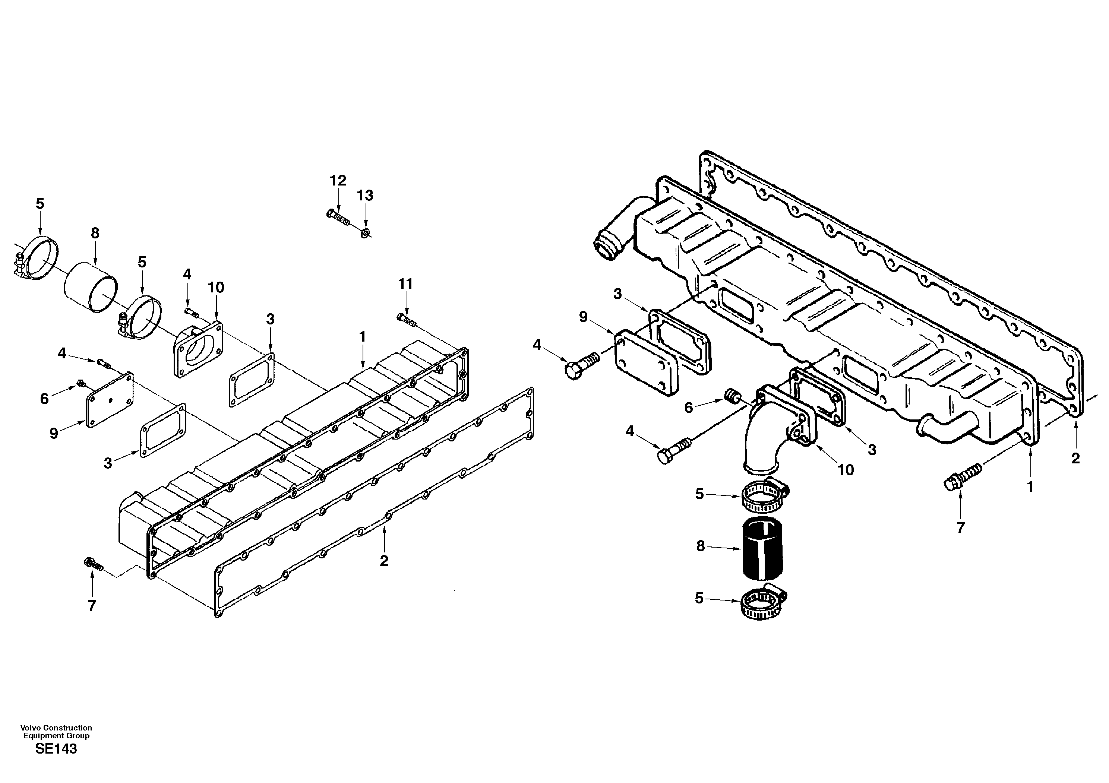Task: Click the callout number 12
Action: click(x=338, y=181)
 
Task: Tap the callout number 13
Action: click(x=365, y=196)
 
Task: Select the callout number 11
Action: click(x=406, y=284)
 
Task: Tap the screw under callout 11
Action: click(x=406, y=319)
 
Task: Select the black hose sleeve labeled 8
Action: click(x=762, y=548)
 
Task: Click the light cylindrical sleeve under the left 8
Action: click(x=91, y=287)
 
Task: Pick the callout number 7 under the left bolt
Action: click(x=92, y=605)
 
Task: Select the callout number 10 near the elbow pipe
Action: click(x=845, y=469)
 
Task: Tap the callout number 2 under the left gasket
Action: click(x=383, y=561)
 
